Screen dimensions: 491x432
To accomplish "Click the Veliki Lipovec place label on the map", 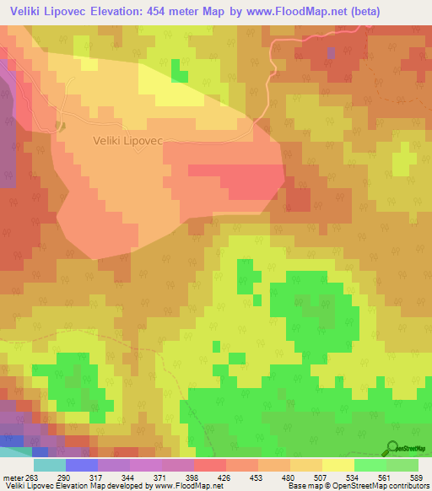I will pos(127,141).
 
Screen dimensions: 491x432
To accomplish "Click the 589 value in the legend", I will pos(415,478).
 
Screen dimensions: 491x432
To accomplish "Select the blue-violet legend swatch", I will pos(81,465).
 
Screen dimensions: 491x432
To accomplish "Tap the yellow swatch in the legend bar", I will pos(338,465).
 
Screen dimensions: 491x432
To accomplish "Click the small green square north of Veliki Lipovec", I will pos(179,73).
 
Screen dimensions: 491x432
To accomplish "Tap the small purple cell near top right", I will pos(331,52).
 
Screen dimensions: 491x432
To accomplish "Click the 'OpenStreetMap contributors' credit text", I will pos(381,486).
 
